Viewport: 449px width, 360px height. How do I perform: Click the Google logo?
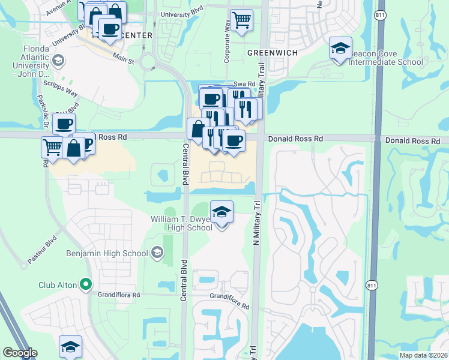coord(20,353)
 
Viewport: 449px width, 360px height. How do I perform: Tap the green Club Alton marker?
coord(86,284)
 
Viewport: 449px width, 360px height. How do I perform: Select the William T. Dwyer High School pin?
coord(221,213)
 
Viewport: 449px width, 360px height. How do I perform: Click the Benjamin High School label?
coord(107,253)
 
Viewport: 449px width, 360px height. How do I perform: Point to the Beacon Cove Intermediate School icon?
coord(340,49)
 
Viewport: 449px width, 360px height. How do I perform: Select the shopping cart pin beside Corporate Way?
coord(241,20)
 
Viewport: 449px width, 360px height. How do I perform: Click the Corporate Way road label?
coord(228,43)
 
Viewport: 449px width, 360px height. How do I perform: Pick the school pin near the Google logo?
coord(70,347)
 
